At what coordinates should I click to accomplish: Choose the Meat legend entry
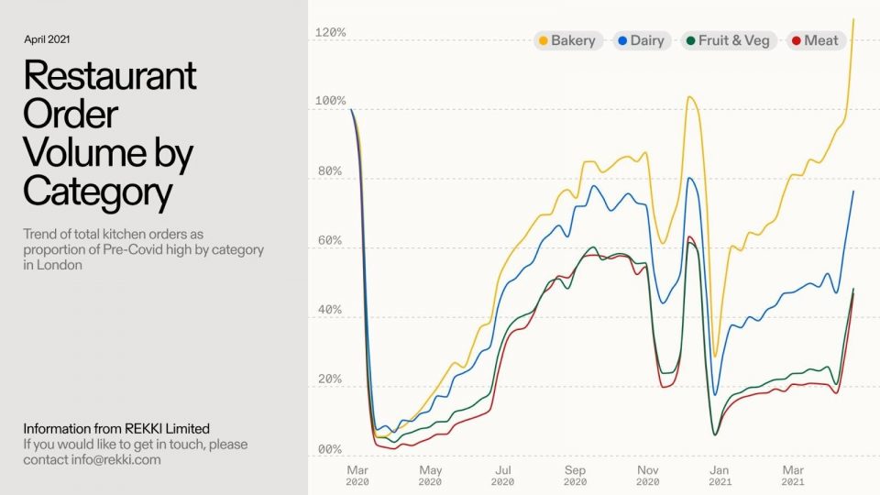pyautogui.click(x=815, y=40)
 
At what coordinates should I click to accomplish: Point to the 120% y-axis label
pyautogui.click(x=330, y=33)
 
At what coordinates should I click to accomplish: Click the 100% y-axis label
pyautogui.click(x=330, y=101)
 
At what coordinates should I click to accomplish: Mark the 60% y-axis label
pyautogui.click(x=330, y=241)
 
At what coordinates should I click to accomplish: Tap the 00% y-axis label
pyautogui.click(x=330, y=450)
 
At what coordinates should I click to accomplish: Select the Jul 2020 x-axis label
pyautogui.click(x=501, y=474)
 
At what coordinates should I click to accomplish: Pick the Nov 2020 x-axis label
pyautogui.click(x=647, y=474)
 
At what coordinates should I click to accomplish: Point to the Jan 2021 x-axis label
pyautogui.click(x=720, y=474)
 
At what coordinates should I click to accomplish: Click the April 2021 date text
pyautogui.click(x=47, y=39)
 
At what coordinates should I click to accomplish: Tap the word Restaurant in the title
pyautogui.click(x=110, y=75)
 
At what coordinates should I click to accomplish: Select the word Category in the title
pyautogui.click(x=97, y=192)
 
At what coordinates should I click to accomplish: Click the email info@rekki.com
pyautogui.click(x=117, y=459)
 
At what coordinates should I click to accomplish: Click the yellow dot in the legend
pyautogui.click(x=544, y=40)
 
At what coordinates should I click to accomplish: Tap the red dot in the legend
pyautogui.click(x=797, y=40)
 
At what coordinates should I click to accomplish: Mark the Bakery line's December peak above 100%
pyautogui.click(x=690, y=96)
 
